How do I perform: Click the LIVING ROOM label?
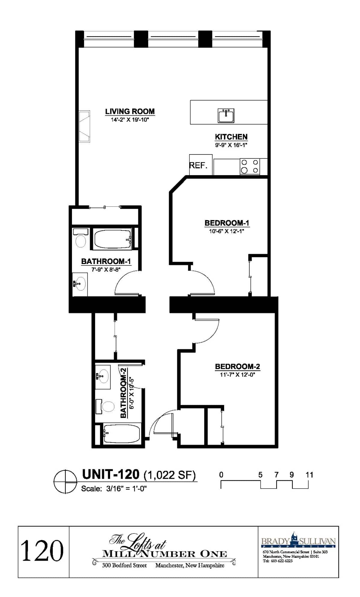click(x=130, y=111)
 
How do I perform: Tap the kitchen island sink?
click(x=226, y=115)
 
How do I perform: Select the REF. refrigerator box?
click(x=201, y=165)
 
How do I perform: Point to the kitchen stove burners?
click(x=250, y=166)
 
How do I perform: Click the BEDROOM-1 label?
click(x=227, y=223)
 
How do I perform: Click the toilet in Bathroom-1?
click(x=80, y=238)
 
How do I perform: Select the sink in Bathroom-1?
click(x=80, y=283)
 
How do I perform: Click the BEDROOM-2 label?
click(x=238, y=366)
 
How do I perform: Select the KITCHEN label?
click(x=231, y=137)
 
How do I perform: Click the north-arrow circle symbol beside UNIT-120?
click(x=65, y=481)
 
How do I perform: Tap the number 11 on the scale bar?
click(x=309, y=475)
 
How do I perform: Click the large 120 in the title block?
click(x=42, y=550)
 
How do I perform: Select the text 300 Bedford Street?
click(x=124, y=565)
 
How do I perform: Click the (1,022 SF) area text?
click(x=169, y=475)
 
